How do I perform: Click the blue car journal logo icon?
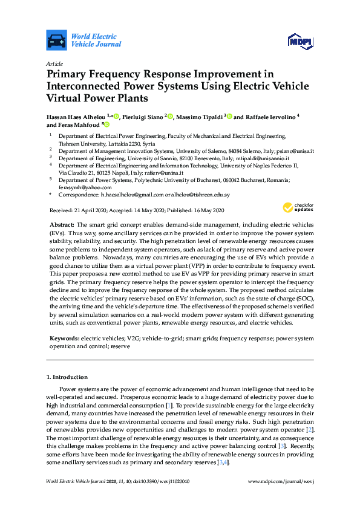point(56,40)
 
